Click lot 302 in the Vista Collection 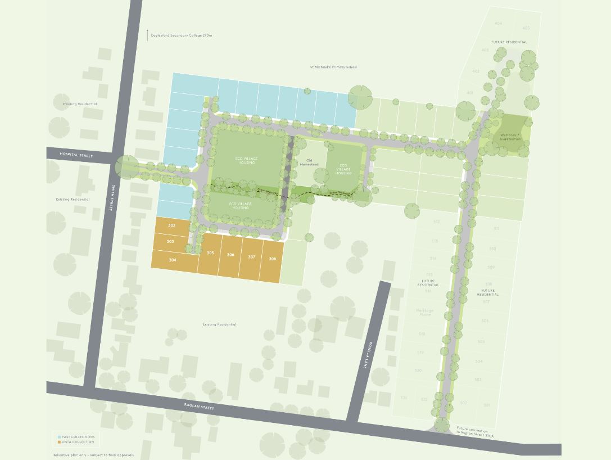pos(171,226)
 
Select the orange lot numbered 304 pos(172,260)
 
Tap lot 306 pos(230,255)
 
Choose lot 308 pos(272,259)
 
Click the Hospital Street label pos(76,155)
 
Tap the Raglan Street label pos(200,406)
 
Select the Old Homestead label pos(309,163)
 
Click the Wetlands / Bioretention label pos(510,137)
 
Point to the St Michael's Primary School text pos(333,67)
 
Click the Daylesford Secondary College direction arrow pos(147,35)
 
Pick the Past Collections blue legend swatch pos(59,437)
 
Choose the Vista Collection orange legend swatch pos(59,442)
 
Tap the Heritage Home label pos(425,312)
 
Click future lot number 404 pos(498,24)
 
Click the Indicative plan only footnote pos(93,455)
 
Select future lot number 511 pos(496,229)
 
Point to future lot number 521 pos(404,398)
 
